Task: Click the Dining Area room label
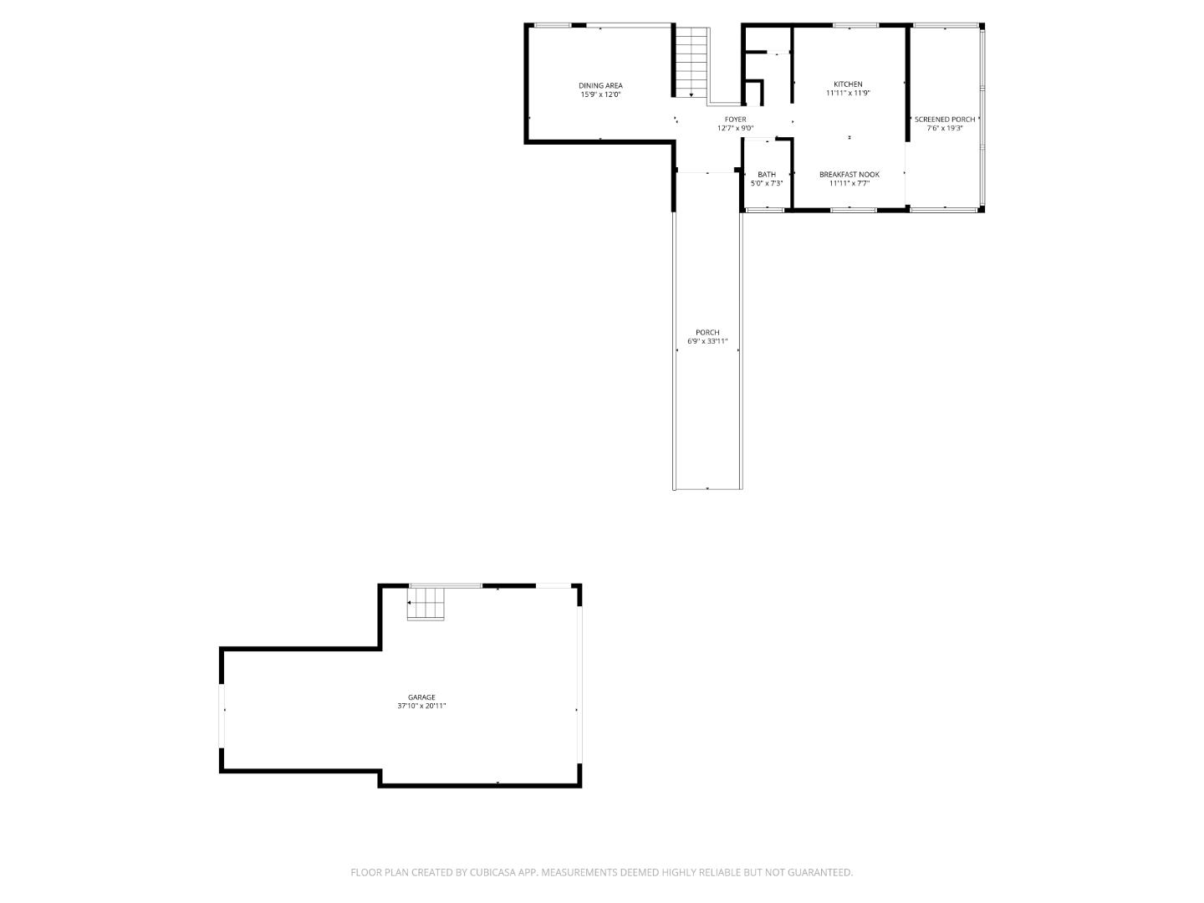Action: [600, 85]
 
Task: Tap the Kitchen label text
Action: [848, 84]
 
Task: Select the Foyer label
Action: [735, 120]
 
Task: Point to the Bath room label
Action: [767, 175]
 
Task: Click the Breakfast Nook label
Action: [849, 175]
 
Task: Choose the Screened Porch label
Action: [945, 120]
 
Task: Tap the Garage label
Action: [421, 697]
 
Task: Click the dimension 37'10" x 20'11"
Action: [421, 707]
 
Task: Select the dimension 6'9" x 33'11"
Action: [707, 341]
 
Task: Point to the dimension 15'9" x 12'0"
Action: [600, 94]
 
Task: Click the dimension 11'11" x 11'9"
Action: [848, 94]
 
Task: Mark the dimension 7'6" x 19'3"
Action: [945, 129]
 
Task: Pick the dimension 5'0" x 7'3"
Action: [767, 184]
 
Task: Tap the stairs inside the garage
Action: [426, 604]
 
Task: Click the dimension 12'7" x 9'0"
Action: [735, 129]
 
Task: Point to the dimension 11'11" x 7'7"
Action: [849, 184]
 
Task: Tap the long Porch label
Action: [707, 332]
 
